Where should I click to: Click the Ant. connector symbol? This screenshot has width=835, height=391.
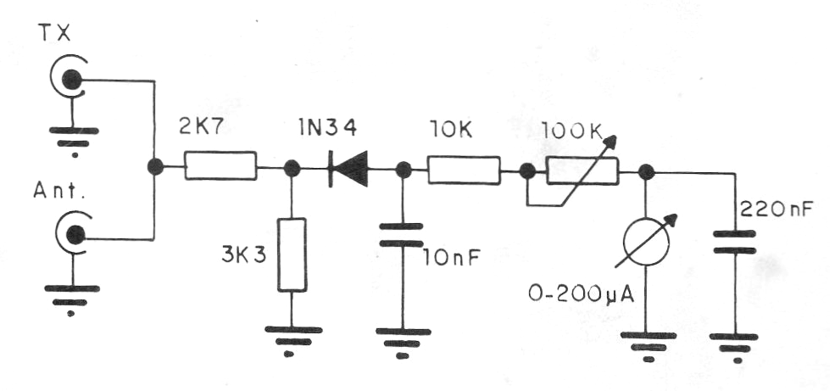coord(75,233)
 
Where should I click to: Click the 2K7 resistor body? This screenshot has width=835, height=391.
coord(220,165)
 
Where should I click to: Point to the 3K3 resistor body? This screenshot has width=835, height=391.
coord(292,254)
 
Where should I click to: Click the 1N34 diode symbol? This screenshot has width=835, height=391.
coord(348,169)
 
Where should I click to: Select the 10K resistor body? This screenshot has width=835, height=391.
coord(464,170)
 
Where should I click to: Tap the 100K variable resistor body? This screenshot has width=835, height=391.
coord(582,171)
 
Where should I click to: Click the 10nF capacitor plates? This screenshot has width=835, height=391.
coord(402,235)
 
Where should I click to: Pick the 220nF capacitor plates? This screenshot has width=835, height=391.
coord(734,242)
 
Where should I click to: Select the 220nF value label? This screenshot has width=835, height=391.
coord(776,209)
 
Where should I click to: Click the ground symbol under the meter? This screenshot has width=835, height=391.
coord(649,346)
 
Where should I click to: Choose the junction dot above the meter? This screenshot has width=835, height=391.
coord(646,171)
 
